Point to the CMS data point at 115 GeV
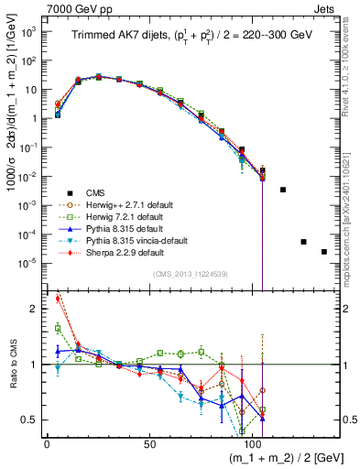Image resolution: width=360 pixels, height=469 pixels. click(x=283, y=190)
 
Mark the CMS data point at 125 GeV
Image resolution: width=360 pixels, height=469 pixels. click(x=303, y=242)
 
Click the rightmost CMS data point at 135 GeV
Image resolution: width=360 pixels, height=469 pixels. click(x=324, y=252)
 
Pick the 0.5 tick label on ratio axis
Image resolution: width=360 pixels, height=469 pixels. click(x=30, y=420)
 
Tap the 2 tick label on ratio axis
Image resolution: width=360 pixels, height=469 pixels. click(x=35, y=310)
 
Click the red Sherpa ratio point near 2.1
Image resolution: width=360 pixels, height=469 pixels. click(x=59, y=298)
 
